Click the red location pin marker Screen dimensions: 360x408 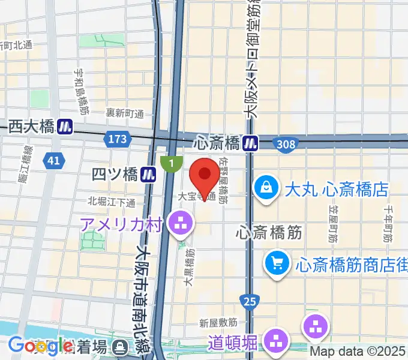pyautogui.click(x=205, y=176)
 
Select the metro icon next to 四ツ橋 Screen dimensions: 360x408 pyautogui.click(x=149, y=174)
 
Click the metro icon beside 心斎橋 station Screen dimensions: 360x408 pyautogui.click(x=250, y=143)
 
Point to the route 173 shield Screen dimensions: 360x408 pyautogui.click(x=118, y=139)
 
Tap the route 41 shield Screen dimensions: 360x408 pyautogui.click(x=53, y=160)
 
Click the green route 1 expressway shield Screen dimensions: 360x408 pyautogui.click(x=172, y=162)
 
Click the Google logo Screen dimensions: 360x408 pyautogui.click(x=40, y=346)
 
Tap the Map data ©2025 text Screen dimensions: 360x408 pyautogui.click(x=356, y=352)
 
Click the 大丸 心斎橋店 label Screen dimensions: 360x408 pyautogui.click(x=338, y=190)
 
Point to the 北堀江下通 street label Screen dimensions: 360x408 pyautogui.click(x=112, y=202)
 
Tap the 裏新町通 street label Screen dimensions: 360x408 pyautogui.click(x=125, y=113)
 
